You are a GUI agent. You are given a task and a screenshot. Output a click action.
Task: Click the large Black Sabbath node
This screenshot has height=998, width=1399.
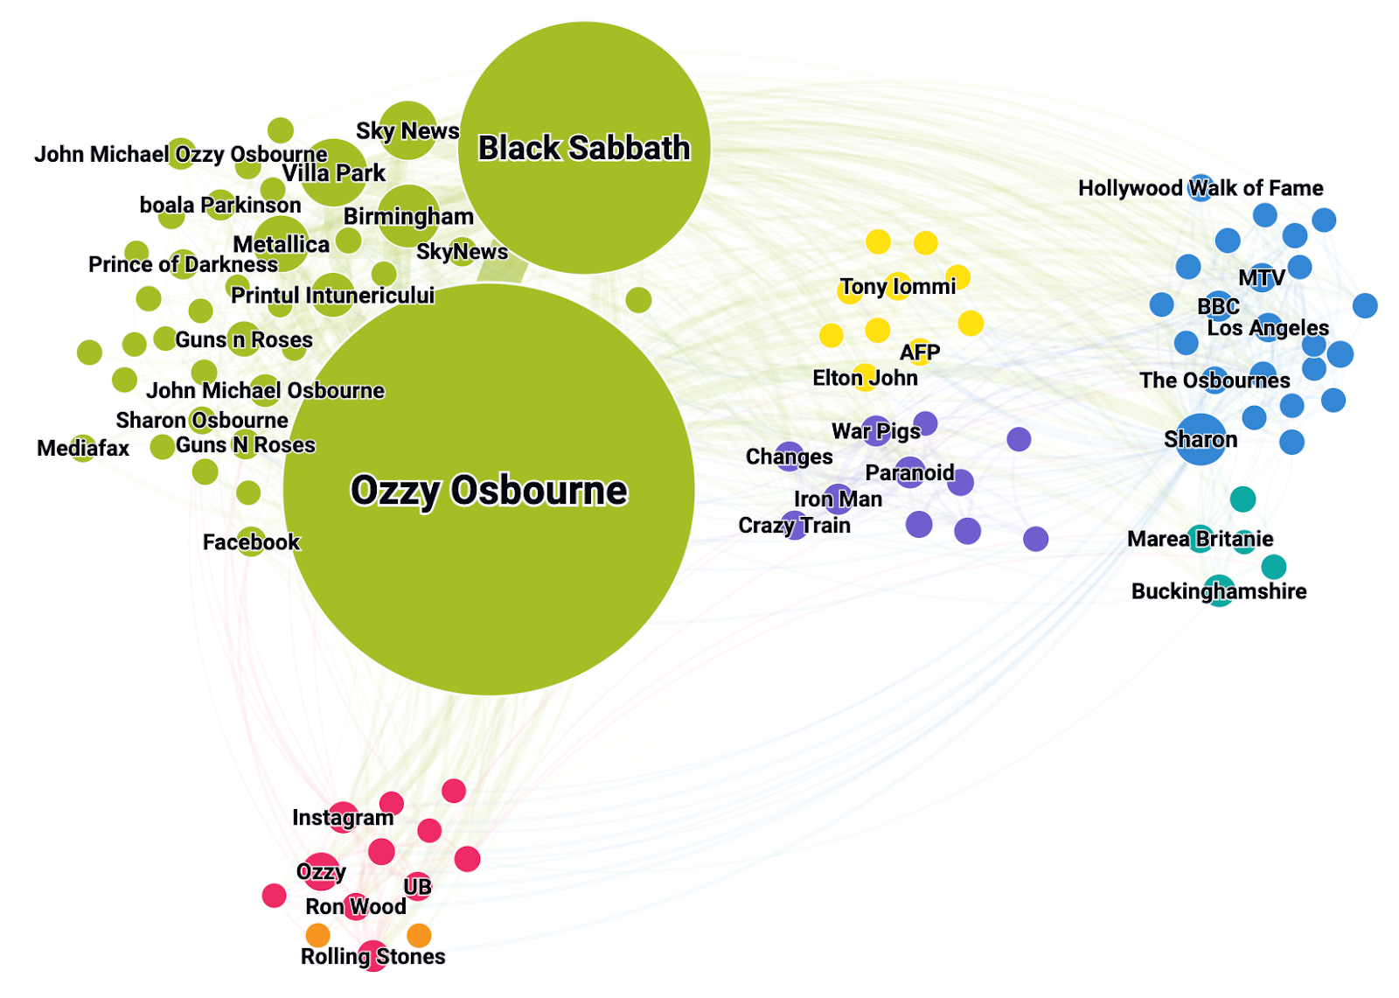tap(584, 148)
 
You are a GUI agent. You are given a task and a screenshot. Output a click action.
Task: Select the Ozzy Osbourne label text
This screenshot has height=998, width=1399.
tap(489, 491)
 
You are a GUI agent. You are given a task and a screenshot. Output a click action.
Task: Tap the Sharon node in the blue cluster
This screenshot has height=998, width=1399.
tap(1201, 439)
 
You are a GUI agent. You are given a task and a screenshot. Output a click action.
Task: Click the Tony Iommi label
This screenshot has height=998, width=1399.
tap(897, 287)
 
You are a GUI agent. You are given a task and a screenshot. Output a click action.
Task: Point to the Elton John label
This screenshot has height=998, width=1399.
tap(865, 378)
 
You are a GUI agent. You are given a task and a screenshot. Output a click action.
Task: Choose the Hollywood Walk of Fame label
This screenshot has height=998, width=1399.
tap(1201, 188)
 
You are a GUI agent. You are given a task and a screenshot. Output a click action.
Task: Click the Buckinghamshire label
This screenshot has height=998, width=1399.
tap(1219, 591)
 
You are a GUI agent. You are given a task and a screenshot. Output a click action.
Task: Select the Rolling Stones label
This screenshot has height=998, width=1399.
tap(372, 956)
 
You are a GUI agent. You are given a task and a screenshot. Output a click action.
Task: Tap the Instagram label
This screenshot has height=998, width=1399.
tap(343, 818)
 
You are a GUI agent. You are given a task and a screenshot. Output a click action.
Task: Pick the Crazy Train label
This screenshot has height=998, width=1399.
tap(795, 526)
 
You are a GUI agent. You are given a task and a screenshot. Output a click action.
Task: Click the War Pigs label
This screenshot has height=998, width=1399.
tap(876, 431)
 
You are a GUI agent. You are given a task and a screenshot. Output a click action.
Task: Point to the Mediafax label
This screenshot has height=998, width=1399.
tap(83, 448)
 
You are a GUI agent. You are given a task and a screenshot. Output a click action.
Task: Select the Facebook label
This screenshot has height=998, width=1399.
tap(251, 541)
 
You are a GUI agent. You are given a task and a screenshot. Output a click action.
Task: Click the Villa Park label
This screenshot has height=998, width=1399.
tap(333, 173)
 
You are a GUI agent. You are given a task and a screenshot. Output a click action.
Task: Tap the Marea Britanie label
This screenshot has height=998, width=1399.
tap(1200, 539)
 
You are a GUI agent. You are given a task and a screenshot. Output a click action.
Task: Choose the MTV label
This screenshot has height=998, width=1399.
tap(1262, 277)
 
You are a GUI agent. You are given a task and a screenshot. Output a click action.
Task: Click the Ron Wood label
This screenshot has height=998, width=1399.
tap(355, 906)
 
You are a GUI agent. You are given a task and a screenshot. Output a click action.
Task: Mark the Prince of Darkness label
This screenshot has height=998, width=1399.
tap(183, 264)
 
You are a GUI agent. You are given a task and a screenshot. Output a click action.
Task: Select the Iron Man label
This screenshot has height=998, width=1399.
tap(839, 499)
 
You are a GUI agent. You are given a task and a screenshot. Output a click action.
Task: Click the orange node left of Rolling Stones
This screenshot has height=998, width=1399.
tap(318, 936)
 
